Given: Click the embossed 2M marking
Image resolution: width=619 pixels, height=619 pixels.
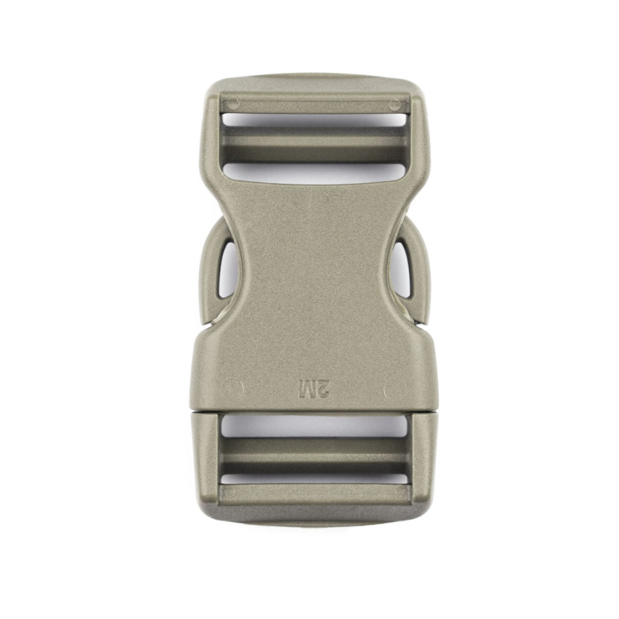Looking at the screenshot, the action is point(315,389).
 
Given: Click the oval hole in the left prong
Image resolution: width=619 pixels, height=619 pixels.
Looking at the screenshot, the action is point(228,270).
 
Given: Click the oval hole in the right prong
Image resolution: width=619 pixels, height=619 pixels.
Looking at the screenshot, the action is point(401,270).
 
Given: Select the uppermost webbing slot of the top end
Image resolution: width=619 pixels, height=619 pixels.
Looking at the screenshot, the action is point(314,120).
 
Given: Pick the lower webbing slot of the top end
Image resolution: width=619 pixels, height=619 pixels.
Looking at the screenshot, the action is point(314,173).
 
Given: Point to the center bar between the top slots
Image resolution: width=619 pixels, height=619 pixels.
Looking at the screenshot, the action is point(314,144).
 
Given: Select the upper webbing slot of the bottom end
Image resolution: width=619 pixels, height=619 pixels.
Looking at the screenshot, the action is point(315,426).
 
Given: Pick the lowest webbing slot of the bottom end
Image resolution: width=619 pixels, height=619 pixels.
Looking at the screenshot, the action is point(315,479).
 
